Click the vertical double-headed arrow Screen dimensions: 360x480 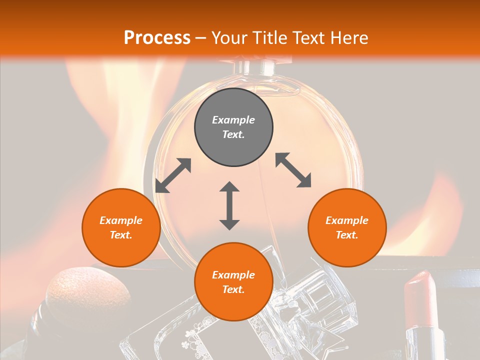229,205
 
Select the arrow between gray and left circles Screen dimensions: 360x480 173,175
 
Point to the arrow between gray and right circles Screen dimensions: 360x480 293,170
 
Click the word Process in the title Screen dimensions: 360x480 157,37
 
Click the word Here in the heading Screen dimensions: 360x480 349,37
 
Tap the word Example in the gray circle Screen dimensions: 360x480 233,120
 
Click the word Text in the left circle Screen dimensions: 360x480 121,235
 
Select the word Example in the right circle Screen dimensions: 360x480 347,220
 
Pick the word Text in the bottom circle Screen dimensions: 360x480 233,289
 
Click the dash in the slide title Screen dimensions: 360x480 201,38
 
